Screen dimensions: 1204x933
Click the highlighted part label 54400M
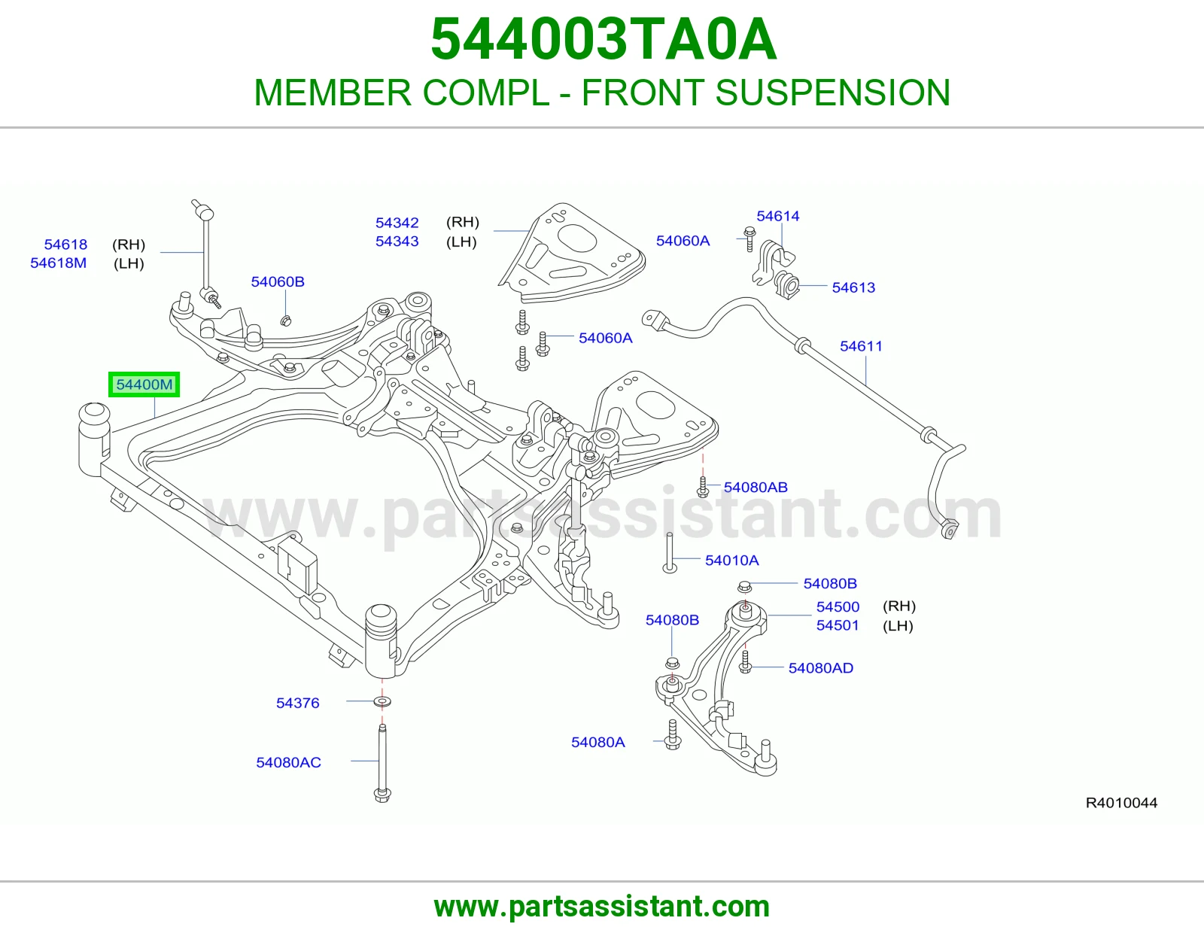(x=144, y=384)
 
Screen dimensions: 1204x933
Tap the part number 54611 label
(x=861, y=346)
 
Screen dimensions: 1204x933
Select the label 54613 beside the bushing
(x=854, y=287)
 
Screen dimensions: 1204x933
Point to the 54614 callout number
(x=778, y=216)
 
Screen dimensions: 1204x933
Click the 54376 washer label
(x=298, y=703)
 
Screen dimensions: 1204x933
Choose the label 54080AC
(x=289, y=762)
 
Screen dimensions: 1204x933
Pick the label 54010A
(x=732, y=560)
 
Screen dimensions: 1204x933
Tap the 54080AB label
(x=756, y=487)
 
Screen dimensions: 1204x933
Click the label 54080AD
(x=821, y=668)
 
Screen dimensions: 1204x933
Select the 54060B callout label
(x=278, y=282)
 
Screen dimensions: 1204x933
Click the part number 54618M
(x=58, y=263)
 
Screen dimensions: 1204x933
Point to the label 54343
(x=397, y=242)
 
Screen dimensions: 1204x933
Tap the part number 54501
(x=838, y=625)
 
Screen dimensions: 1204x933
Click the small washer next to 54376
(x=382, y=702)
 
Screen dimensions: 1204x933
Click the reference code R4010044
(x=1121, y=803)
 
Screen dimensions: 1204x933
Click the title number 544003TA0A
(x=604, y=39)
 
